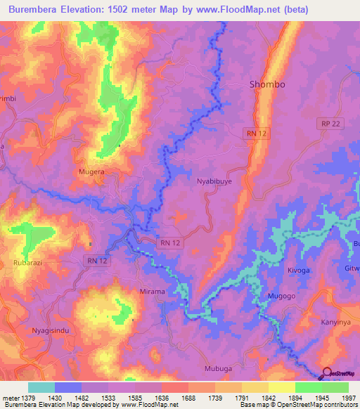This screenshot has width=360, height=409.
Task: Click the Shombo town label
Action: [267, 84]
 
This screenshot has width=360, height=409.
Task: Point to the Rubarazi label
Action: [28, 263]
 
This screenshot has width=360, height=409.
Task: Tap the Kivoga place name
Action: [298, 269]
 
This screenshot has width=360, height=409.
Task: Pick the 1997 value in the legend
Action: [341, 397]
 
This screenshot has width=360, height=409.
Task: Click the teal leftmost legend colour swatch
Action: [41, 387]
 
